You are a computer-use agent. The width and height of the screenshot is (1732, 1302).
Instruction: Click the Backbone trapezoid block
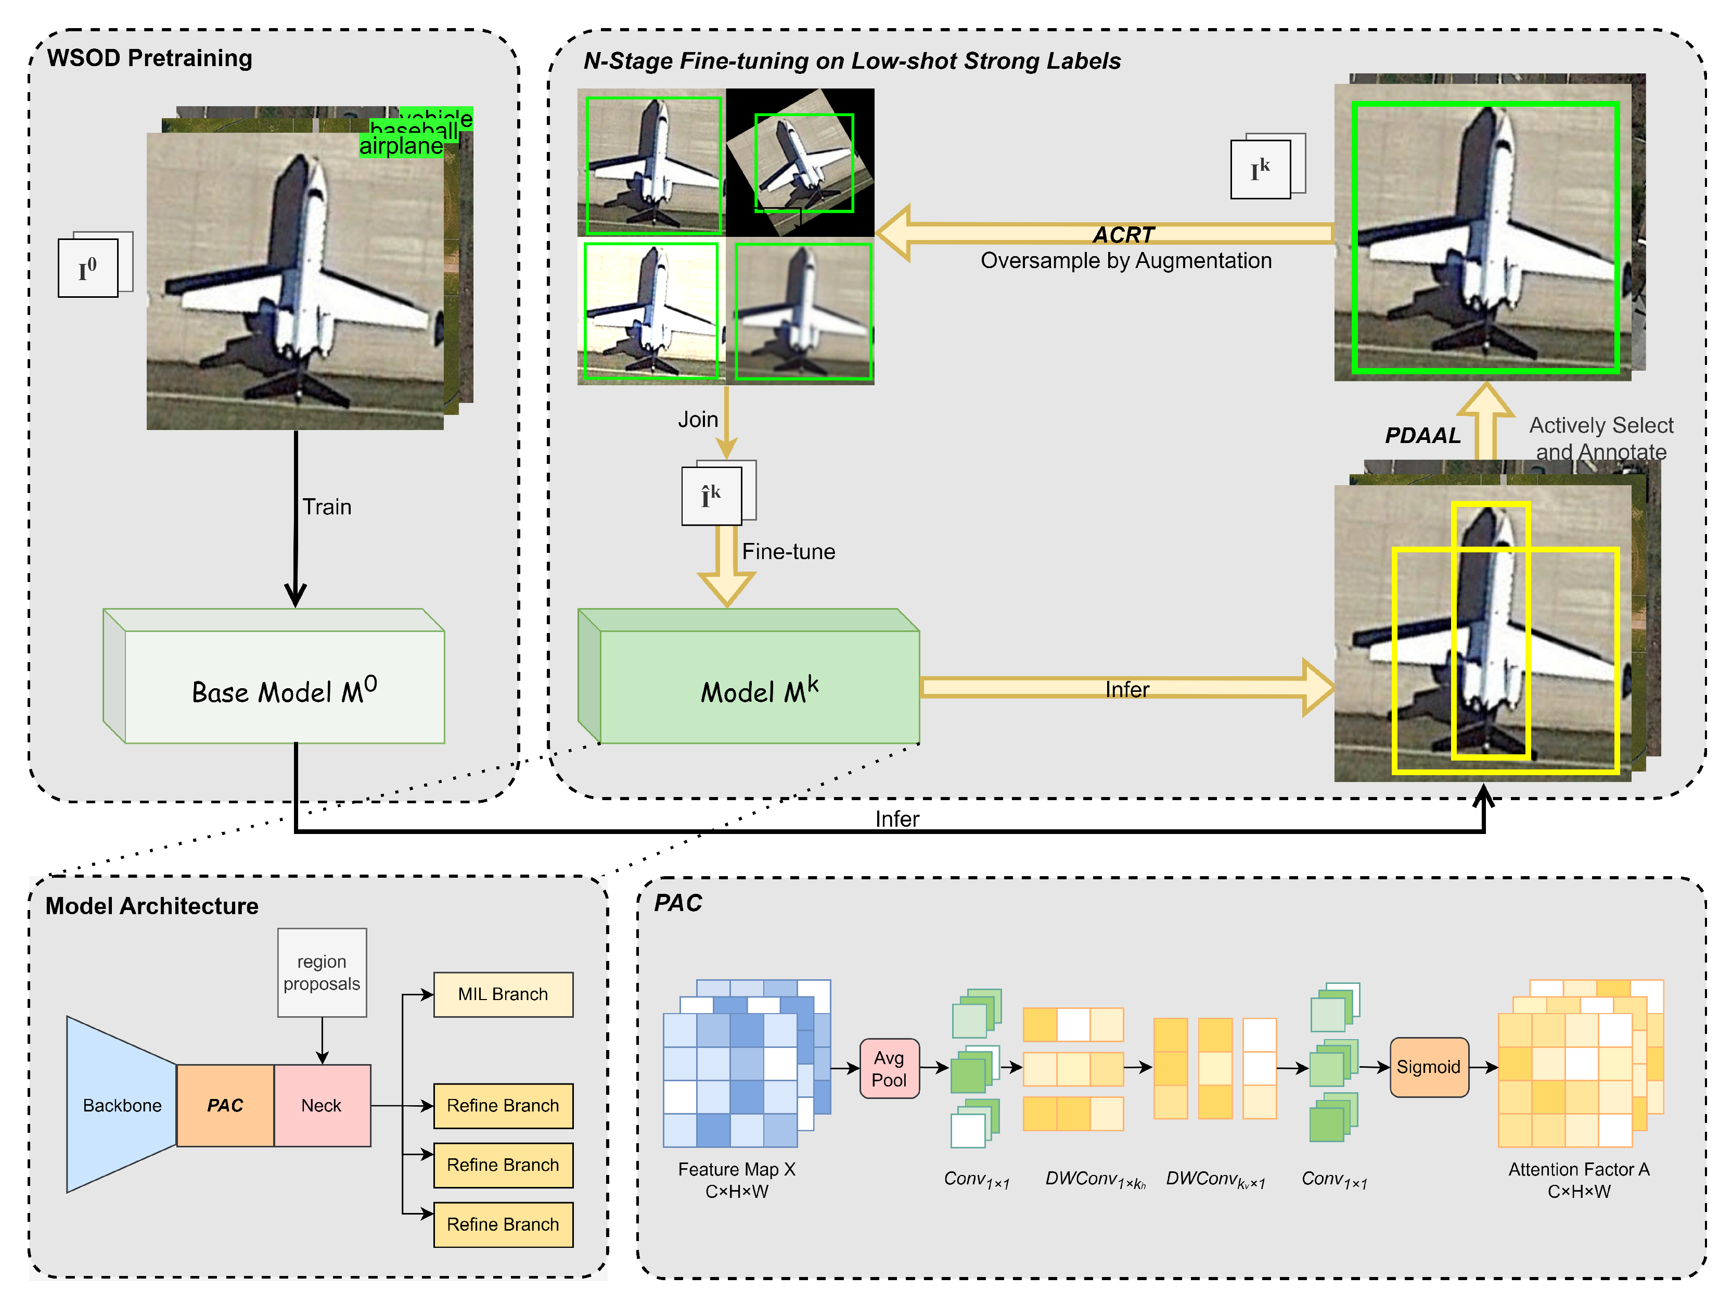[x=121, y=1105]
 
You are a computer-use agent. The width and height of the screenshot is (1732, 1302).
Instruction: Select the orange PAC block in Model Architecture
[x=225, y=1105]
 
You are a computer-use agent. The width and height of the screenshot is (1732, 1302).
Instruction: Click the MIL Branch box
[x=503, y=994]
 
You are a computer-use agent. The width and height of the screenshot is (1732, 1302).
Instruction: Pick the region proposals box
[x=322, y=972]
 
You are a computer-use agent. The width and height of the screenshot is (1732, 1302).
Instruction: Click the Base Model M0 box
[x=284, y=689]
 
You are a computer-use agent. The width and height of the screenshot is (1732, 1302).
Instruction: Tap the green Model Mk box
[x=759, y=689]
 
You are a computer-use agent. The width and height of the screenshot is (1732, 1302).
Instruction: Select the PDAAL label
[x=1422, y=436]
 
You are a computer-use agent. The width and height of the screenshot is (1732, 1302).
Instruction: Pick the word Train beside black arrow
[x=327, y=507]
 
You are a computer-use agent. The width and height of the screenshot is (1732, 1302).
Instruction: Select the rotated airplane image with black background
[x=800, y=161]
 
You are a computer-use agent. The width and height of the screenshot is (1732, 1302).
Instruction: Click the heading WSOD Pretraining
[x=149, y=58]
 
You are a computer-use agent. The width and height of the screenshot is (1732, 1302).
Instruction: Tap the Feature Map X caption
[x=736, y=1179]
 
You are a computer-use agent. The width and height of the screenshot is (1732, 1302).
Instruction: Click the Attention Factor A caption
[x=1579, y=1179]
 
